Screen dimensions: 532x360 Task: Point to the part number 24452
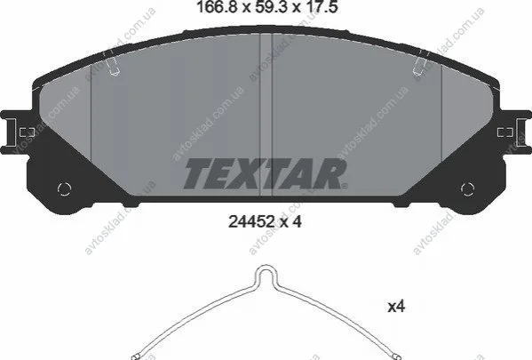(251, 222)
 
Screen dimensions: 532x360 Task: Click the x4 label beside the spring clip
(396, 307)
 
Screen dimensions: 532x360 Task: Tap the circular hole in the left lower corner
(64, 189)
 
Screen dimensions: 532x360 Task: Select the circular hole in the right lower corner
(467, 189)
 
